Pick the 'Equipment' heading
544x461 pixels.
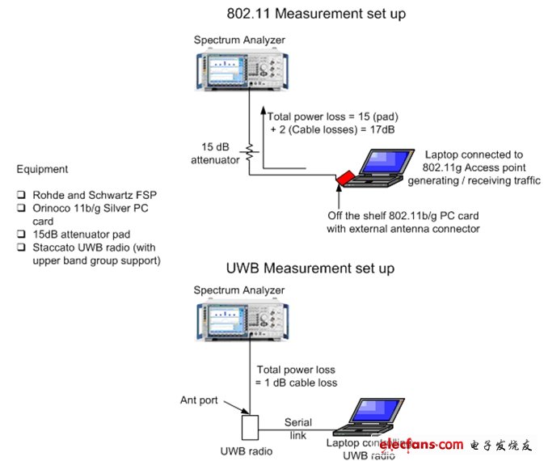coord(42,170)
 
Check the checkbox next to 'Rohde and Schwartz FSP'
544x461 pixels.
coord(22,196)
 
